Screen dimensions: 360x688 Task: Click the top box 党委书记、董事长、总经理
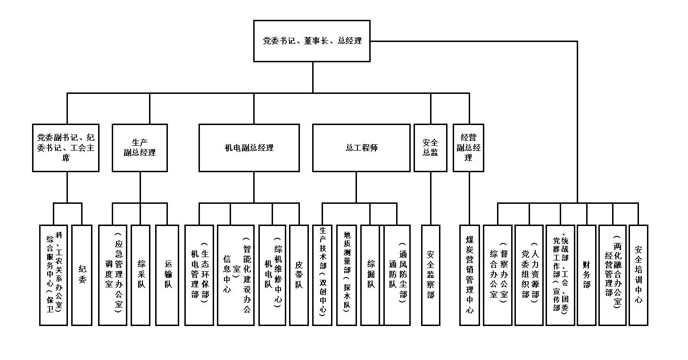click(312, 41)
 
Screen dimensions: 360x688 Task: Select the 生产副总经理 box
click(140, 148)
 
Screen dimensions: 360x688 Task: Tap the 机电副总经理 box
click(249, 148)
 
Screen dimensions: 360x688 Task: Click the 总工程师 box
click(361, 148)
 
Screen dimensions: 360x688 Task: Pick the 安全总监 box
click(430, 148)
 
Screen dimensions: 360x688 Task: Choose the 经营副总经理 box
click(468, 148)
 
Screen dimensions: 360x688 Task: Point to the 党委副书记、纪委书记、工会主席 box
click(66, 148)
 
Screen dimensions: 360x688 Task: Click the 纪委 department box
click(82, 275)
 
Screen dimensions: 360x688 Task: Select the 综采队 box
click(141, 275)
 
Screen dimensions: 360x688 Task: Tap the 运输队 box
click(167, 275)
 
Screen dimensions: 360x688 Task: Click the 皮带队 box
click(298, 275)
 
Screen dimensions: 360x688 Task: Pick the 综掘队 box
click(370, 275)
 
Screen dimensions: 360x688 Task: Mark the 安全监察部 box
click(431, 275)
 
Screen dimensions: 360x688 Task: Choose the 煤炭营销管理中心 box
click(470, 275)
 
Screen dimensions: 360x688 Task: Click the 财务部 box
click(587, 275)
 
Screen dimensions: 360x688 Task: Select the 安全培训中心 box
click(638, 275)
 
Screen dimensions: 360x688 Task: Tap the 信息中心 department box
click(235, 275)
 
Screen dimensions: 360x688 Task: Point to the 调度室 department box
click(113, 275)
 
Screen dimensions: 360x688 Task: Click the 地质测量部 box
click(347, 275)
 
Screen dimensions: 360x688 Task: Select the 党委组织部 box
click(529, 275)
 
